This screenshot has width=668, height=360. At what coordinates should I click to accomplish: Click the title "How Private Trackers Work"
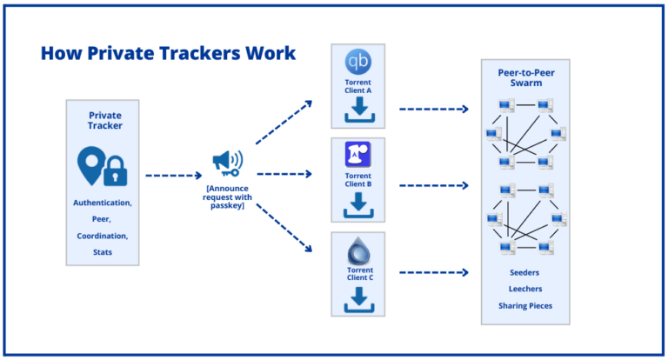tap(168, 53)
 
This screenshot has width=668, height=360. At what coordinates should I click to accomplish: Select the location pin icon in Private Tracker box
tap(90, 164)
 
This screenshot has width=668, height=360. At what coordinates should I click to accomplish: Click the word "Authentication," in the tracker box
tap(103, 203)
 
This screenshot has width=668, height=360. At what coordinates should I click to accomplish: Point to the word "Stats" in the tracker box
tap(103, 252)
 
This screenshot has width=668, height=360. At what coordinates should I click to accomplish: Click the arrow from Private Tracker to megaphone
tap(173, 175)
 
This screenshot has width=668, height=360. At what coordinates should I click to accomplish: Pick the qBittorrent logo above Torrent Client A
tap(358, 62)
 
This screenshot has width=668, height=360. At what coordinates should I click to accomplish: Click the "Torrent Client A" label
tap(358, 86)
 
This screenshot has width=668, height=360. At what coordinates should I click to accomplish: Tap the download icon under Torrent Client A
tap(358, 111)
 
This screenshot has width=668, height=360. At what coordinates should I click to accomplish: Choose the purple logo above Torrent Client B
tap(358, 155)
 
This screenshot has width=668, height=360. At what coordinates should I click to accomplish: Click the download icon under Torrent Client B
tap(358, 206)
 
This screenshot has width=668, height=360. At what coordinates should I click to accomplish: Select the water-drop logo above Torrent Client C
tap(358, 252)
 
